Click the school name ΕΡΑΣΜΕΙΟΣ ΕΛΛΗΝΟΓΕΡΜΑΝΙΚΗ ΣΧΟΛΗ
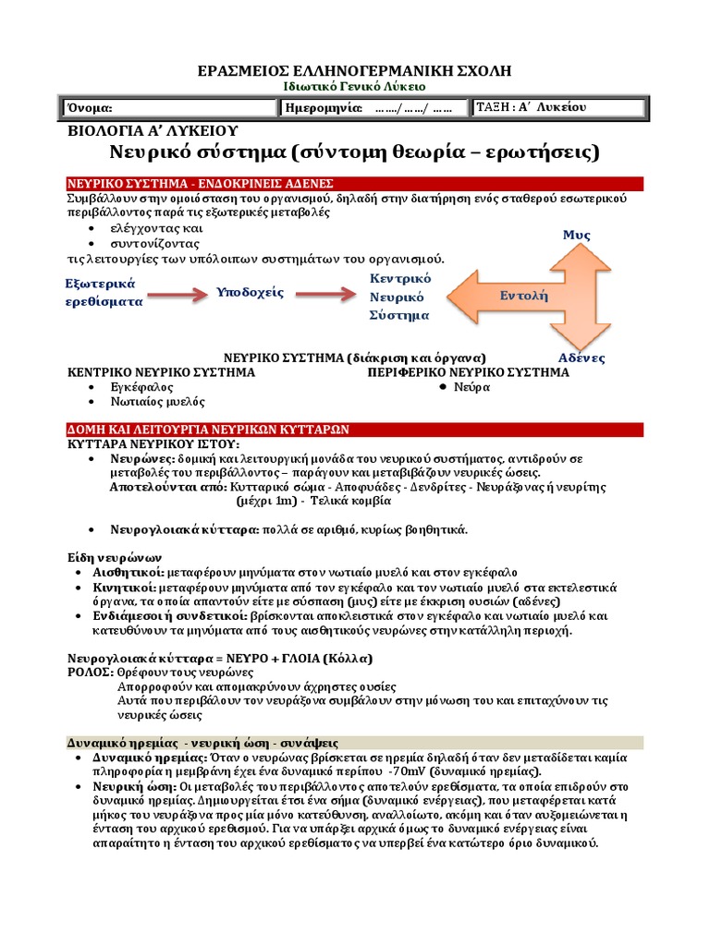click(355, 71)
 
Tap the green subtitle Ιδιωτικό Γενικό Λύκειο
click(354, 86)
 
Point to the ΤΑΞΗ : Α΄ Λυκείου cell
click(531, 107)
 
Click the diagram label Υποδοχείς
click(250, 293)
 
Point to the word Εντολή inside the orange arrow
click(524, 297)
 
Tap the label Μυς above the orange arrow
click(576, 236)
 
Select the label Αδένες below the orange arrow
click(581, 358)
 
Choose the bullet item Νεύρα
click(471, 387)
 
